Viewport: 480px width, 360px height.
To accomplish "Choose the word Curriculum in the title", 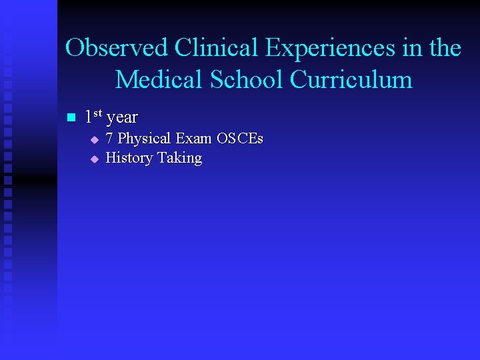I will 351,79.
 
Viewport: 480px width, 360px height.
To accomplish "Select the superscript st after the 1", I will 97,114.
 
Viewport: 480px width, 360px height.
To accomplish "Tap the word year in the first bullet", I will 122,119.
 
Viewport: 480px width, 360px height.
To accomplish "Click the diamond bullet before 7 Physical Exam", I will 95,140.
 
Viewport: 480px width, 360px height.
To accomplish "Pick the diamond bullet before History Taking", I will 95,159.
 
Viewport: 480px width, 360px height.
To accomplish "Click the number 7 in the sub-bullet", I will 110,139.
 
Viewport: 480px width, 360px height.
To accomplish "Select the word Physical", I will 144,139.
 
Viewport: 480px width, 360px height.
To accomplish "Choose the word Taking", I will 179,159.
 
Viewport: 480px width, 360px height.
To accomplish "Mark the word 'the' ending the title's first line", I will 446,48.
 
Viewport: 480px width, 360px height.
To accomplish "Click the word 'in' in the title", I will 410,48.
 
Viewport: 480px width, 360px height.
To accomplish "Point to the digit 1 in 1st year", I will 89,117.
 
